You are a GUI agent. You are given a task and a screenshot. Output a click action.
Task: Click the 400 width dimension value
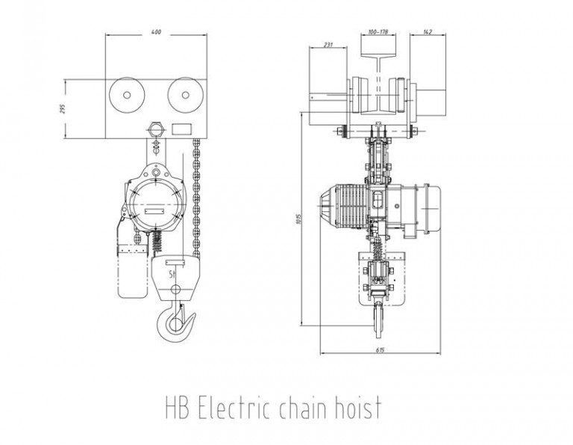[x=155, y=33]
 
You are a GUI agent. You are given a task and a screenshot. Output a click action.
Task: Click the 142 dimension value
[x=428, y=33]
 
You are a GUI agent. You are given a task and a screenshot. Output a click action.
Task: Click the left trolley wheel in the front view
[x=125, y=97]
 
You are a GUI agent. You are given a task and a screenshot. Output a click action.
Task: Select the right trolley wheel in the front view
[x=184, y=97]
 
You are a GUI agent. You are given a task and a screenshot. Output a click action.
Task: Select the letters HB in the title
[x=177, y=408]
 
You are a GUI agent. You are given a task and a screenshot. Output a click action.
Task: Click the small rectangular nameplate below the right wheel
[x=181, y=128]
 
